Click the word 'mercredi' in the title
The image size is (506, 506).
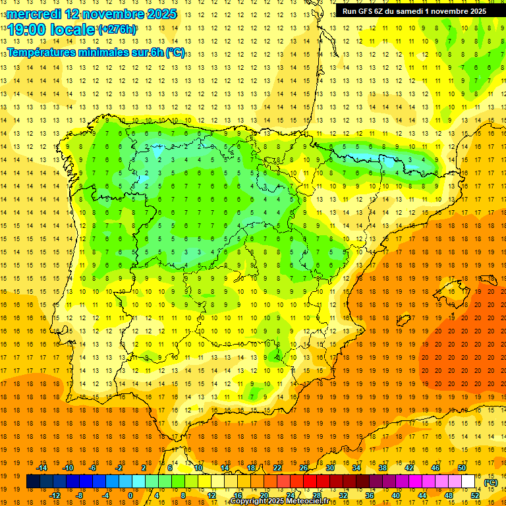[35, 13]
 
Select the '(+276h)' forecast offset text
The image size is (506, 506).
[117, 29]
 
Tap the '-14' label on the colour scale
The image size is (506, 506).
[42, 467]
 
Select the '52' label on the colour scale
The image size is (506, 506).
[475, 495]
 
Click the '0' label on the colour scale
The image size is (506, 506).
[130, 495]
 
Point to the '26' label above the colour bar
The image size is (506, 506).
[304, 467]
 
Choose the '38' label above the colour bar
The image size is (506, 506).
[383, 467]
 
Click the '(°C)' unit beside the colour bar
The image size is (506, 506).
[490, 482]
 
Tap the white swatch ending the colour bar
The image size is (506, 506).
[468, 482]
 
